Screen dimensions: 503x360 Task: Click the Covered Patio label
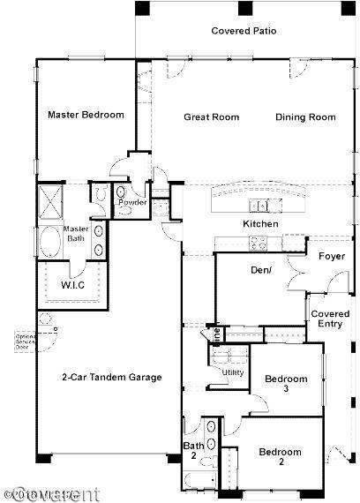tap(244, 31)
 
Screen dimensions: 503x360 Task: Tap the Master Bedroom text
tap(86, 115)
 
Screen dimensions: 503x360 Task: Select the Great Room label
tap(211, 117)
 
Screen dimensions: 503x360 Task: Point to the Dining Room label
tap(305, 117)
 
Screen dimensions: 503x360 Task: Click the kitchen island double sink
tap(259, 206)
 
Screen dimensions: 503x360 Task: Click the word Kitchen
tap(260, 224)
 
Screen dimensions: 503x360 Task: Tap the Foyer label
tap(332, 257)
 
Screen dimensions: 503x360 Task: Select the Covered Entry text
tap(331, 319)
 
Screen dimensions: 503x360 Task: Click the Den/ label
tap(260, 270)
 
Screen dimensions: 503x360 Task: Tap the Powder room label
tap(132, 202)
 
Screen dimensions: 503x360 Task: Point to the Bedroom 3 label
tap(286, 384)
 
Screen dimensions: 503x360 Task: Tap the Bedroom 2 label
tap(280, 457)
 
